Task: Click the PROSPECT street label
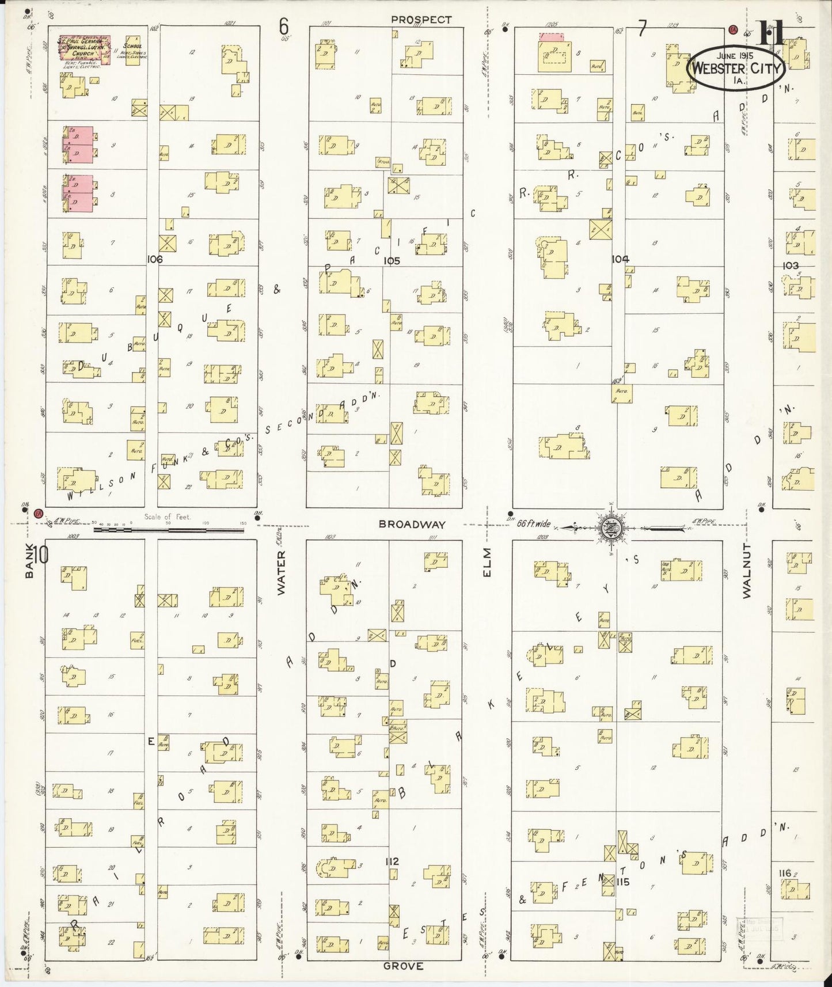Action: (421, 19)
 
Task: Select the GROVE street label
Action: (404, 966)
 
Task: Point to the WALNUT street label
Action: (747, 570)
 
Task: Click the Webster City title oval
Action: (738, 69)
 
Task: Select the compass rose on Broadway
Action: (610, 527)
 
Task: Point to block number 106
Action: (154, 260)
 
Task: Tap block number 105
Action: (392, 261)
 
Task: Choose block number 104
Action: (620, 259)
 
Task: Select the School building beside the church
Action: (133, 51)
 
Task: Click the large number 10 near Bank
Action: (41, 556)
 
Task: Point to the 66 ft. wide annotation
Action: (533, 524)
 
